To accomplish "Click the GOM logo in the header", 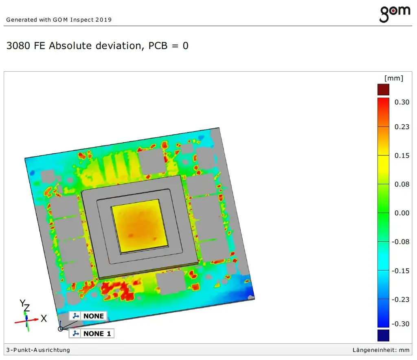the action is tap(395, 14).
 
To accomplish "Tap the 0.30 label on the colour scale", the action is tap(402, 102).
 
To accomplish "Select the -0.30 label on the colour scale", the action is tap(401, 324).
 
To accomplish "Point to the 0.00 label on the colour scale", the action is tap(402, 213).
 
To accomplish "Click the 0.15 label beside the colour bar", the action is tap(402, 155).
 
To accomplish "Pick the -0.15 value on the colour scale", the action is tap(401, 271).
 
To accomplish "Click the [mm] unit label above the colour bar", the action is tap(394, 78).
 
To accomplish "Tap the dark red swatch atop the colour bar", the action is tap(383, 89).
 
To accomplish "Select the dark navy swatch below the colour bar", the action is tap(383, 335).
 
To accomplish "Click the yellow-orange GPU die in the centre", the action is tap(140, 226).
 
